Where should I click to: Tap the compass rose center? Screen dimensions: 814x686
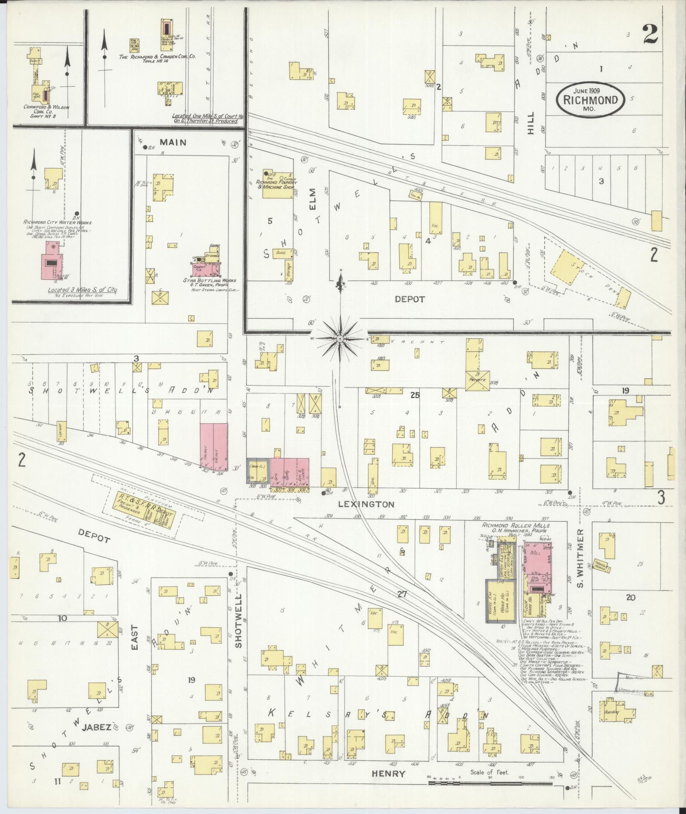(340, 338)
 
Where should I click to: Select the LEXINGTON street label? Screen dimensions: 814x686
(366, 504)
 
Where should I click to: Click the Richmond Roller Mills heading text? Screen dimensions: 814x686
(515, 526)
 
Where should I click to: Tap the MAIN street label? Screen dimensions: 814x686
(173, 142)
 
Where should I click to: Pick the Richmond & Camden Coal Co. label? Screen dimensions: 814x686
(157, 56)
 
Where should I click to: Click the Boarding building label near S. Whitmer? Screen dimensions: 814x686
(612, 711)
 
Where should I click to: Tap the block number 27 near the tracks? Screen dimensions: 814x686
(402, 594)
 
